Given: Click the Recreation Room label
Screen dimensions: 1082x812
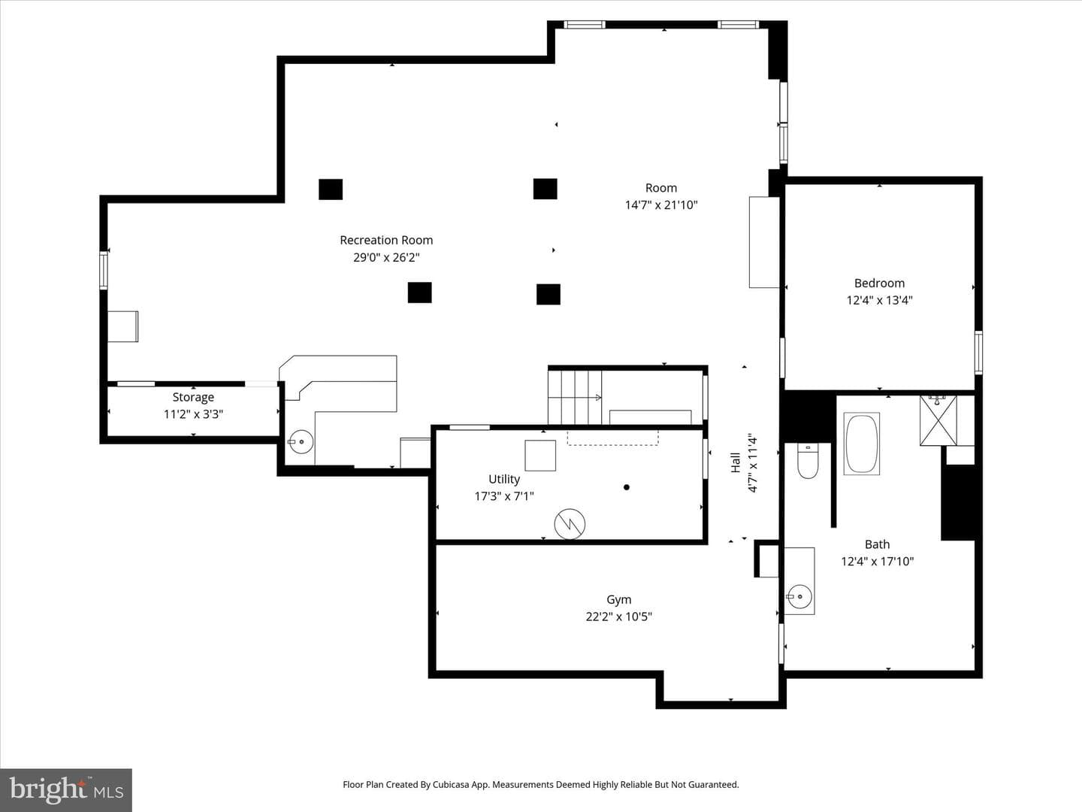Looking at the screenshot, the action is [386, 240].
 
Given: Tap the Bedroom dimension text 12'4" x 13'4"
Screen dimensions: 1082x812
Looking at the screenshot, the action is [879, 300].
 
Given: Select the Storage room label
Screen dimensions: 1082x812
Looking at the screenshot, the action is [193, 397].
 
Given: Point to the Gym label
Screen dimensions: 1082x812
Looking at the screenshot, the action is [618, 599].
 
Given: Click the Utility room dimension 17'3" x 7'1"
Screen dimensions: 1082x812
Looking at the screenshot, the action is [503, 496].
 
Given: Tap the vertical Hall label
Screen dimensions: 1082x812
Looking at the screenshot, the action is [736, 462].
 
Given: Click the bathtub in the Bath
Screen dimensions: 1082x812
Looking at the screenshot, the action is [861, 444].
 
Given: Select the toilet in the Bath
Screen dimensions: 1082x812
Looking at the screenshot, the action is [808, 460].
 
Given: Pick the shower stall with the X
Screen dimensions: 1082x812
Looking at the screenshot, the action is [938, 420].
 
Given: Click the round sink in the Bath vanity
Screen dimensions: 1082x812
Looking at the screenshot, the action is [799, 596].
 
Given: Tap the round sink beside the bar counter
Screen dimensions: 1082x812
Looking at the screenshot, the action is [301, 442].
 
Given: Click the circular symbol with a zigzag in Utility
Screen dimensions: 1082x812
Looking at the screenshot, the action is [570, 523].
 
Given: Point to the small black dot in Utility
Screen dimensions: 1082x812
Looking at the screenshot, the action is [627, 487].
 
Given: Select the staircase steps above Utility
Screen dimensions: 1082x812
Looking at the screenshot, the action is [576, 397].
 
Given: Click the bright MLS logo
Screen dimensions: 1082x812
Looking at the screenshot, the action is [66, 789].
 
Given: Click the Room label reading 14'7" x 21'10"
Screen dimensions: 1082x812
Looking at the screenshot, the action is [661, 196].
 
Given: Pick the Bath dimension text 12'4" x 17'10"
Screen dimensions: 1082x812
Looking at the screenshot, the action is [878, 561].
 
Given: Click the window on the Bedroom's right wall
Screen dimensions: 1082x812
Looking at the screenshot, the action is [978, 353].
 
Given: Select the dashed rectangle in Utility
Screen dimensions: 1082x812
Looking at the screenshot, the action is [612, 438].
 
